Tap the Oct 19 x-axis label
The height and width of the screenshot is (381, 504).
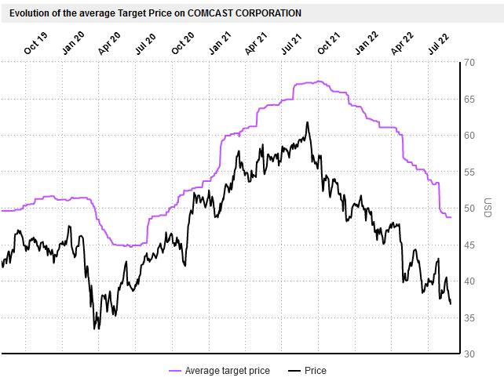pos(36,44)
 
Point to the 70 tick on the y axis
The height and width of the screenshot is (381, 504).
pos(469,63)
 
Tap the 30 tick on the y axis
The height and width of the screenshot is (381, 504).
pos(469,354)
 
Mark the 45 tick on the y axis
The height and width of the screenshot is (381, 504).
pos(469,245)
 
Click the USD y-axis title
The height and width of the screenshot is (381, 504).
pos(488,209)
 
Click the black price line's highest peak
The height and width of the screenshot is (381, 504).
pos(307,122)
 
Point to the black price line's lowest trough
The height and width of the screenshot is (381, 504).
pos(96,328)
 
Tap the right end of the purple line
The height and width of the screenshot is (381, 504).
pos(451,217)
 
